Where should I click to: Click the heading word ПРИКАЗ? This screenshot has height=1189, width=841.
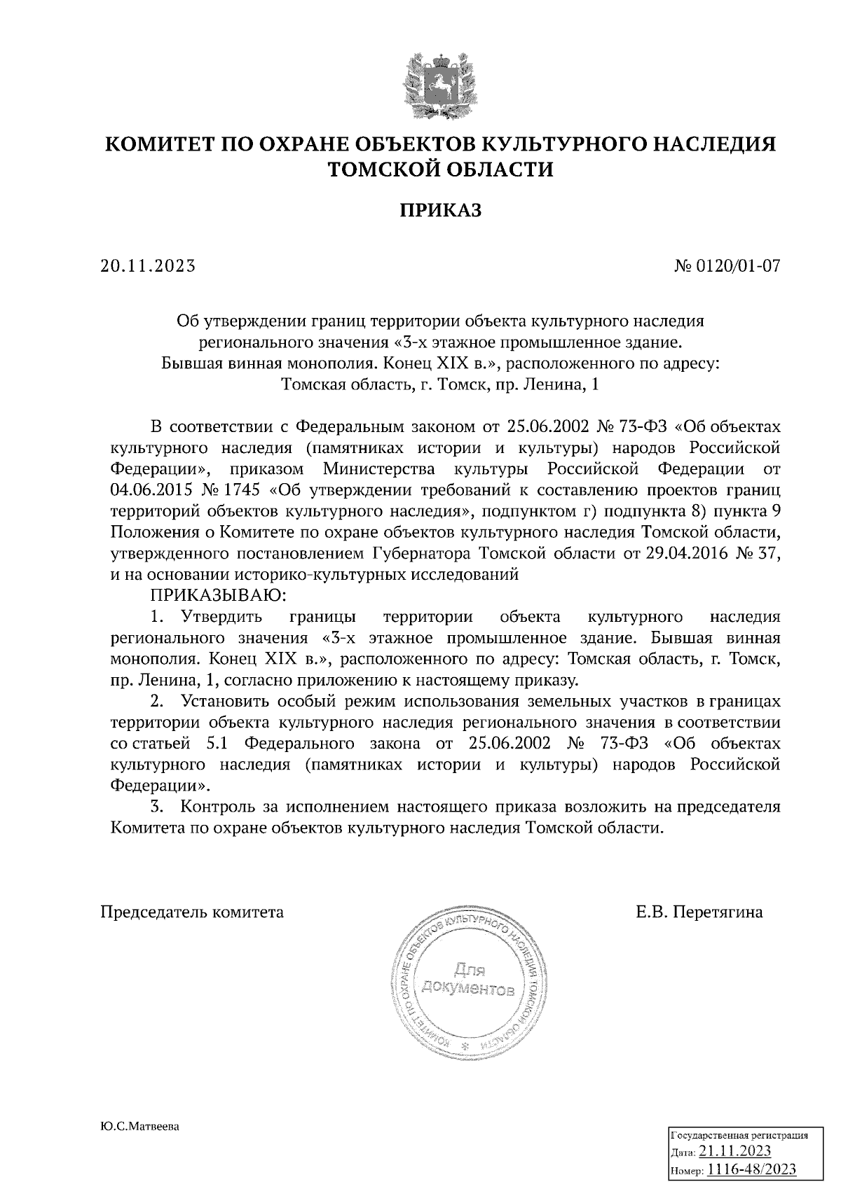[x=441, y=211]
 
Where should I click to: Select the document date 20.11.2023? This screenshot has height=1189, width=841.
[x=147, y=266]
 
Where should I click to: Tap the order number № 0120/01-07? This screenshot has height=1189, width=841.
[x=727, y=266]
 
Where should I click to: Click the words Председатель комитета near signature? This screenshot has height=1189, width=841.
[x=193, y=912]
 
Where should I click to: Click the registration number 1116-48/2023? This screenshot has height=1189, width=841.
[x=751, y=1169]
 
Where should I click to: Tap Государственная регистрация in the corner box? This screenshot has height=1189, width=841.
[x=739, y=1136]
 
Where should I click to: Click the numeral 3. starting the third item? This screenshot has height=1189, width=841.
[x=157, y=807]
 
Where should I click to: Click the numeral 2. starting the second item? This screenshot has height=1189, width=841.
[x=157, y=701]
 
